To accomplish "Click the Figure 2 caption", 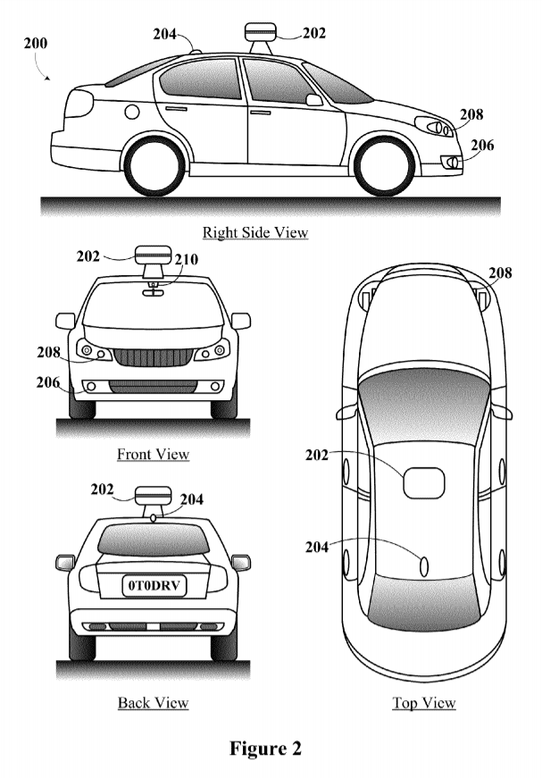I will (x=265, y=748).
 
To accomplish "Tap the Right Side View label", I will (x=255, y=233).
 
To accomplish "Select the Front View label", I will (x=153, y=454).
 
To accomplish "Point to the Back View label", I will (x=153, y=702).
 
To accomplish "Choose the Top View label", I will (x=424, y=703).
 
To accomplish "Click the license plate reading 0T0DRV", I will (x=153, y=586).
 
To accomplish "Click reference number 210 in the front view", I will (x=186, y=260).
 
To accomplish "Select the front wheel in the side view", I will (x=385, y=166).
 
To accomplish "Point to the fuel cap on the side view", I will (x=132, y=112).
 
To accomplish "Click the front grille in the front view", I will (x=154, y=356).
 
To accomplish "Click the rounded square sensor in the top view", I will (x=423, y=483).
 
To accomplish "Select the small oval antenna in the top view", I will (x=424, y=565).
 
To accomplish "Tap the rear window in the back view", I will (x=153, y=540).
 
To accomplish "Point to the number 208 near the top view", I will (x=500, y=273).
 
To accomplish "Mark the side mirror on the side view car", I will (x=313, y=100).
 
